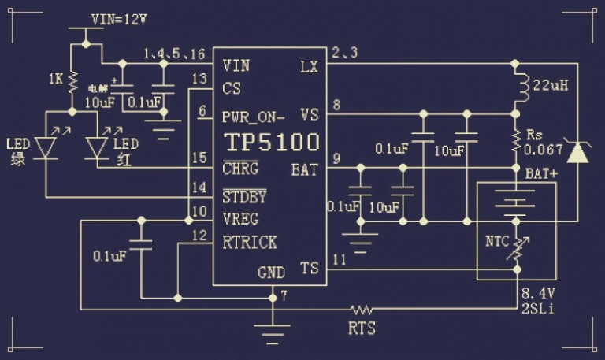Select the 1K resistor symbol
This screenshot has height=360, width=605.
72,80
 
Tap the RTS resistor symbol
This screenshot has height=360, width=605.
362,309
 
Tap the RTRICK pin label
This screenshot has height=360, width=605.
249,243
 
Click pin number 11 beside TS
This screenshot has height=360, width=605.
340,259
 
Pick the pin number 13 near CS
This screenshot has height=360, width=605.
199,79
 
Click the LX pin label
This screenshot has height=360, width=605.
309,65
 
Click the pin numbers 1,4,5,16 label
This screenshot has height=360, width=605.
174,54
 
